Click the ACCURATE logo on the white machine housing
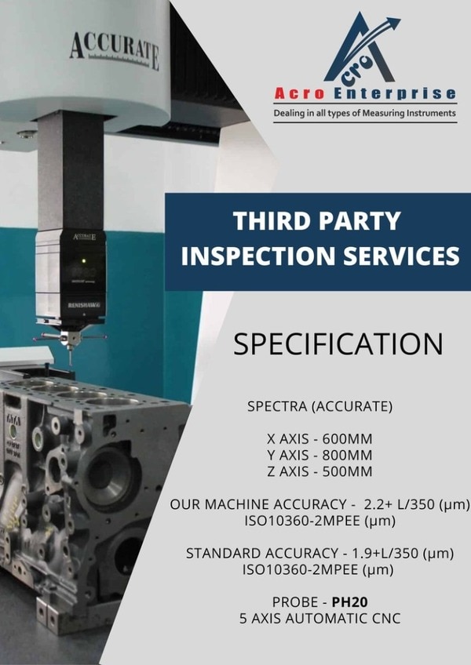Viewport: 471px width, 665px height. (115, 50)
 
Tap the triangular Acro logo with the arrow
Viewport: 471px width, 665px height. (362, 48)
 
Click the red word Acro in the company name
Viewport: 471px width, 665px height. (299, 93)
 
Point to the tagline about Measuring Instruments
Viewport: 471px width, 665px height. (364, 113)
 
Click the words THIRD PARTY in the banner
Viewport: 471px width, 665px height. (317, 221)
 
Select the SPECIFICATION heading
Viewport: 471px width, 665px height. (338, 343)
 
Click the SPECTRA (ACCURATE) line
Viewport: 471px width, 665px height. (319, 406)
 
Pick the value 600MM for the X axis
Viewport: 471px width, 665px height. (347, 439)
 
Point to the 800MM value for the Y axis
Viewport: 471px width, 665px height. (347, 455)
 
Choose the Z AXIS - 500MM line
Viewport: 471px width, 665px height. (319, 471)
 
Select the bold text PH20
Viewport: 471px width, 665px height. (350, 602)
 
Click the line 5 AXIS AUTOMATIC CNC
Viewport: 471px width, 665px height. (319, 619)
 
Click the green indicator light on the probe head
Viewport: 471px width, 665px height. (84, 260)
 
